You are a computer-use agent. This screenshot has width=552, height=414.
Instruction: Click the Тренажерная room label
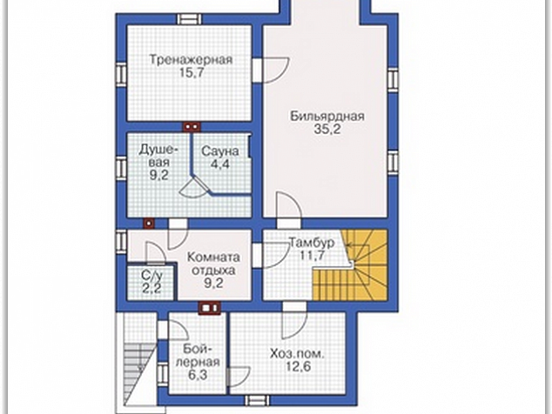(192, 59)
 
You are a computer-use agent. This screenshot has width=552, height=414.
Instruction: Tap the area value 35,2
(327, 130)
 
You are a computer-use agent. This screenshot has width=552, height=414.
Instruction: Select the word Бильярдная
(327, 116)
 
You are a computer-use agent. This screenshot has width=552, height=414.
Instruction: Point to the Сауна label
(220, 151)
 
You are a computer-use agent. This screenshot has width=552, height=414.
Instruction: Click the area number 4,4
(220, 164)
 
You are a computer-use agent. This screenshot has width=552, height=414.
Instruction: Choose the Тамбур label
(311, 243)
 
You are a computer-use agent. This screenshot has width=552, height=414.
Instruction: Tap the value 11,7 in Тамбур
(312, 255)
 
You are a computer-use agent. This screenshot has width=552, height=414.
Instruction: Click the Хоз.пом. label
(296, 353)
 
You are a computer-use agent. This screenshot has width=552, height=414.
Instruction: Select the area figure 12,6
(298, 367)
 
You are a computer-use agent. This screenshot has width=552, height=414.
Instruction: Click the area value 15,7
(192, 73)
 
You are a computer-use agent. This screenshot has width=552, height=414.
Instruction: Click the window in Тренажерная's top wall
(188, 18)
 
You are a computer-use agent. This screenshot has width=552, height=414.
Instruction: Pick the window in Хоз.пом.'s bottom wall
(257, 400)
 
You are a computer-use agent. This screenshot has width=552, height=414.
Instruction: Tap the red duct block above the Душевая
(192, 127)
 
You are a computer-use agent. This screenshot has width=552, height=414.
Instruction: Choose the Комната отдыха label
(213, 270)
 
